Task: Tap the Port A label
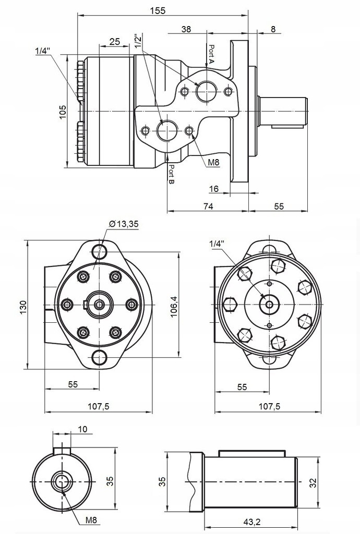pos(211,54)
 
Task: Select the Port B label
pos(171,176)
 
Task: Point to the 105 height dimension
pos(63,112)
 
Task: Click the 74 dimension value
pos(208,206)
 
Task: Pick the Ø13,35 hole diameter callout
pos(124,224)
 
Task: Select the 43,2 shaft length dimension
pos(252,521)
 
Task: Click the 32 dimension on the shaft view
pos(313,483)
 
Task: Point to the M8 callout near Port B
pos(213,162)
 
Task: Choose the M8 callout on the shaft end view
pos(91,520)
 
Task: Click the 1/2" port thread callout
pos(137,42)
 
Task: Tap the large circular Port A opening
pos(206,92)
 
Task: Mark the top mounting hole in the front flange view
pos(99,251)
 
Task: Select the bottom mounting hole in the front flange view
pos(99,358)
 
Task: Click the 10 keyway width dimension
pos(82,429)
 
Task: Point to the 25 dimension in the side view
pos(115,41)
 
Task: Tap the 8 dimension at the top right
pos(273,29)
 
